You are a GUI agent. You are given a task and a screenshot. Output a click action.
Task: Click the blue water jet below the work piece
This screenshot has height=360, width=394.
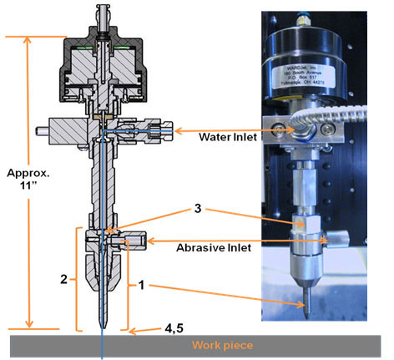102,355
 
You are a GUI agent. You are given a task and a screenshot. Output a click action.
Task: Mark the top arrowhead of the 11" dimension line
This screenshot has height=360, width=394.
31,39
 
